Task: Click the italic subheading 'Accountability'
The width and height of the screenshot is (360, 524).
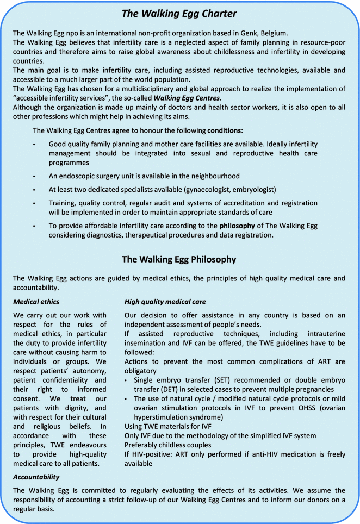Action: (38, 476)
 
